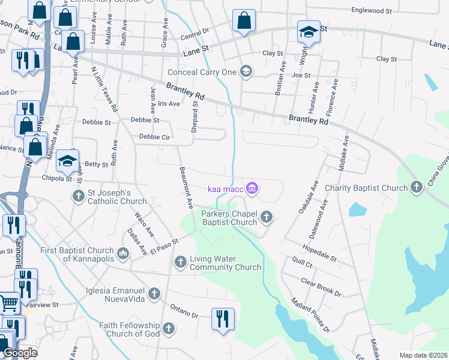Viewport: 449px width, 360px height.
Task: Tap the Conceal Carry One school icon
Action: click(246, 72)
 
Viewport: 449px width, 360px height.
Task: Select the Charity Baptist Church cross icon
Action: click(417, 188)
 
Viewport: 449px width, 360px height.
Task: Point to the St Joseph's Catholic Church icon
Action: click(78, 197)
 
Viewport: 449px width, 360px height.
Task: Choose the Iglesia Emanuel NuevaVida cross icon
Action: click(154, 293)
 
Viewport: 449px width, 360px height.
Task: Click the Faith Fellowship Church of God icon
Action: click(169, 329)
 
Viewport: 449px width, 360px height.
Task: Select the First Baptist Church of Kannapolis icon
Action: click(123, 254)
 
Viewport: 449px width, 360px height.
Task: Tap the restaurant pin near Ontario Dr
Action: click(223, 317)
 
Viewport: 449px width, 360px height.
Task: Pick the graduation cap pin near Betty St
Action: click(67, 160)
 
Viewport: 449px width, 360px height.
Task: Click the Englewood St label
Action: click(372, 10)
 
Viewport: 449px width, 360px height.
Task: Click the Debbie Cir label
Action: click(155, 137)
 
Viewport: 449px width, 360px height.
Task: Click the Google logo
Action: click(20, 353)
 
